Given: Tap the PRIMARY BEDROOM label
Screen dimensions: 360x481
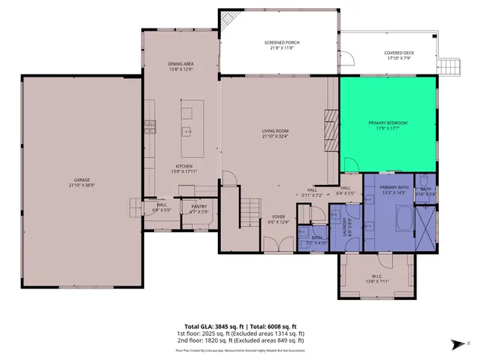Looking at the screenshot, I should coord(388,122).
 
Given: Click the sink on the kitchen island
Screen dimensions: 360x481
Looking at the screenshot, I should coord(186,132).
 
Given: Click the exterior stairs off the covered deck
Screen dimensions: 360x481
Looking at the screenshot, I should coord(449,68).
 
